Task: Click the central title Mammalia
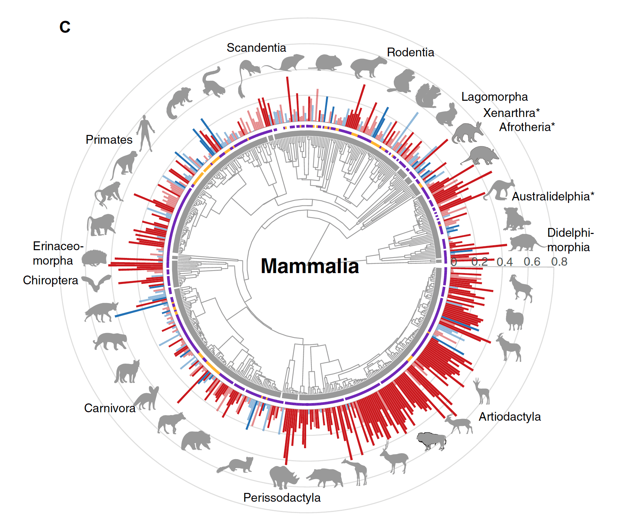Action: point(310,266)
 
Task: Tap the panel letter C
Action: point(65,27)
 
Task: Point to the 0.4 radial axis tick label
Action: point(505,262)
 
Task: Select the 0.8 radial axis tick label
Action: point(559,261)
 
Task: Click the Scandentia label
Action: point(256,48)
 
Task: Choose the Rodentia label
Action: point(410,52)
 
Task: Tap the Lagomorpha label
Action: point(494,97)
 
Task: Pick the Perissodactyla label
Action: point(282,498)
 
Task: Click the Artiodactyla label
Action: point(510,416)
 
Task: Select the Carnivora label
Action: point(110,408)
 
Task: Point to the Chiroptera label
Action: point(50,280)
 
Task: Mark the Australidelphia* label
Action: point(553,196)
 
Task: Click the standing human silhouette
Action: point(145,133)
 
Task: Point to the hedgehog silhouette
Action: point(94,258)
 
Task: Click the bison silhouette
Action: point(431,440)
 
